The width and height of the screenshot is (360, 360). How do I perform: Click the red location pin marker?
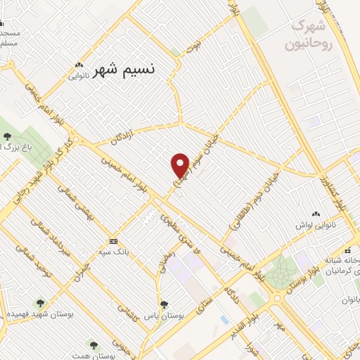point(181,165)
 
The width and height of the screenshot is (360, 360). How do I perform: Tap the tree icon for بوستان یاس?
point(164,304)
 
